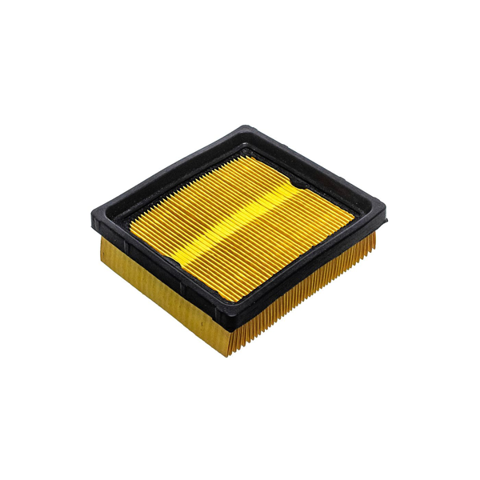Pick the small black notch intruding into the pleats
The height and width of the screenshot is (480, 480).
coord(297,186)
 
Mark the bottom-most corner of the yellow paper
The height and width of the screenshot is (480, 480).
coord(228,352)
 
